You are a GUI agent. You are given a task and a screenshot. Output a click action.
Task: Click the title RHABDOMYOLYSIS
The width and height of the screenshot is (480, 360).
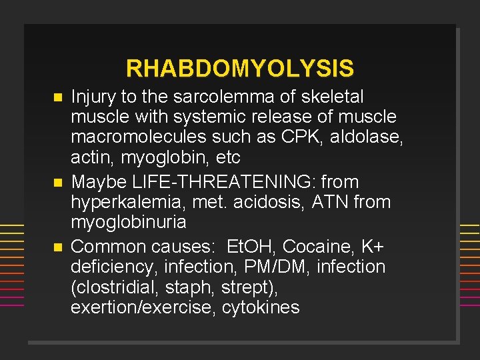pos(240,68)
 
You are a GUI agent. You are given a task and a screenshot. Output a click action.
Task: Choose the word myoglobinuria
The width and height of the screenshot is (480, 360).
pos(128,223)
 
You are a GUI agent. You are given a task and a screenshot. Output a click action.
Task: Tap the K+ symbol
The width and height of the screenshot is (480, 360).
pos(372,247)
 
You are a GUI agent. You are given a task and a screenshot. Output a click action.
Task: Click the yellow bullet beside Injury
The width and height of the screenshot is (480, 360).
pos(57,97)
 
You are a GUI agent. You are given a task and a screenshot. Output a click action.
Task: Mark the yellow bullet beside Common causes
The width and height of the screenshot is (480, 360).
pos(57,247)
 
